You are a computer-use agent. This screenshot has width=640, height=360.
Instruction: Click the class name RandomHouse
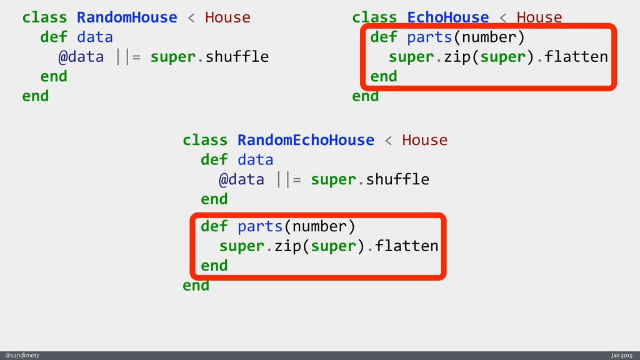[127, 17]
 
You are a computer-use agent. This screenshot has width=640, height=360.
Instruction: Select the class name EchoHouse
[447, 17]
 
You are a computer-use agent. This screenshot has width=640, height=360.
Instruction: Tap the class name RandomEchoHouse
[306, 140]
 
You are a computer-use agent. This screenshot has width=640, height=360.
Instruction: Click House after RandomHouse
[227, 17]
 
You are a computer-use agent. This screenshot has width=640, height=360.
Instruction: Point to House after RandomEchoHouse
[424, 140]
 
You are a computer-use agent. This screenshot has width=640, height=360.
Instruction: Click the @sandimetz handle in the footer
[22, 355]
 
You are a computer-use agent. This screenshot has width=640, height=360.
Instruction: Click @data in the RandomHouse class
[81, 57]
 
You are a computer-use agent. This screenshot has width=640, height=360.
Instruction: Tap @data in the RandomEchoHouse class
[241, 179]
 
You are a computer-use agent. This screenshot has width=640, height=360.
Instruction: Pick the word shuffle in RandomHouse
[237, 57]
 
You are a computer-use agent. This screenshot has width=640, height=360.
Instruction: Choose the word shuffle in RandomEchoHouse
[397, 179]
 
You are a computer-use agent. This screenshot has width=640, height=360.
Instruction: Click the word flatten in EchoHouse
[576, 57]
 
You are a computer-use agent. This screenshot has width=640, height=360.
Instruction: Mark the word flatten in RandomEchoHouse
[406, 246]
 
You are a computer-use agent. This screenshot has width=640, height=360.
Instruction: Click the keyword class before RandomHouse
[44, 17]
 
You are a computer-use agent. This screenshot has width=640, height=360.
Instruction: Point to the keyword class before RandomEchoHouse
[205, 140]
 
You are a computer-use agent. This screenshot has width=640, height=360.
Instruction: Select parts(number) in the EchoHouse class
[466, 37]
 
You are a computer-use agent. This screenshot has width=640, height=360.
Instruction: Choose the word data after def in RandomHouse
[94, 37]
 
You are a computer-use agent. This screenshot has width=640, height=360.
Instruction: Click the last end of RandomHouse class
[35, 96]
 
